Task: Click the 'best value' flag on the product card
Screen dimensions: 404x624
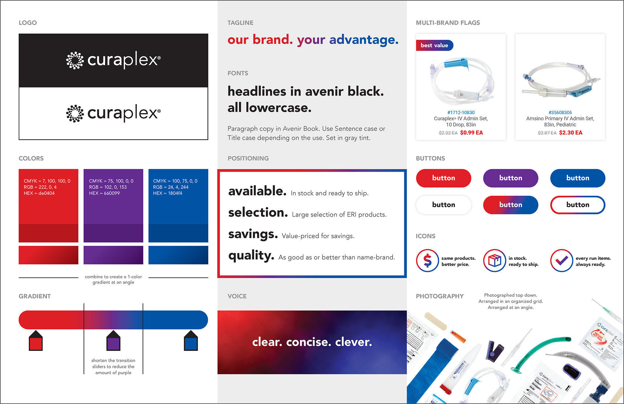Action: pyautogui.click(x=434, y=46)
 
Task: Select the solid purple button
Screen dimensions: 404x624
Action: pyautogui.click(x=511, y=178)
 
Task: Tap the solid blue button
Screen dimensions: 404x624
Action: pyautogui.click(x=578, y=178)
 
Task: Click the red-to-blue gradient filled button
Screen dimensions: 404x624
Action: pyautogui.click(x=511, y=205)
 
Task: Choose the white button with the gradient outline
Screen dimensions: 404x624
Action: pyautogui.click(x=578, y=205)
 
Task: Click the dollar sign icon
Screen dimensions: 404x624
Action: pyautogui.click(x=427, y=261)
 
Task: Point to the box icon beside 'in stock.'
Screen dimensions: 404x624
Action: pyautogui.click(x=495, y=261)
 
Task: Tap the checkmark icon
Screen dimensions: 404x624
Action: pyautogui.click(x=562, y=261)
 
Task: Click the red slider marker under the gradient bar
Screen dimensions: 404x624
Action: pyautogui.click(x=36, y=341)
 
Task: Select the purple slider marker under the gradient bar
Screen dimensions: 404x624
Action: pyautogui.click(x=113, y=341)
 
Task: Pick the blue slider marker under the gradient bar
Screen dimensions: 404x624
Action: pyautogui.click(x=191, y=341)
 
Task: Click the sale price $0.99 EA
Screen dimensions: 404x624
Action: pyautogui.click(x=471, y=133)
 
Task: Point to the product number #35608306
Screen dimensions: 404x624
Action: pyautogui.click(x=560, y=112)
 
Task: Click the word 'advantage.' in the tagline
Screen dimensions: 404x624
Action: pyautogui.click(x=364, y=40)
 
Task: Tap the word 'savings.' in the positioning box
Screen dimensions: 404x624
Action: pyautogui.click(x=253, y=234)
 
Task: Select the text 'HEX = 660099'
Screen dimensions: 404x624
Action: pyautogui.click(x=104, y=193)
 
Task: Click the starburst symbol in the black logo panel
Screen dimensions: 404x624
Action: pyautogui.click(x=75, y=60)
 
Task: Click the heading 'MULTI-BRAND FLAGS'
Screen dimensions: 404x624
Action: pyautogui.click(x=448, y=23)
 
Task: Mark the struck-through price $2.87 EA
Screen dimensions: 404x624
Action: pyautogui.click(x=547, y=133)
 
